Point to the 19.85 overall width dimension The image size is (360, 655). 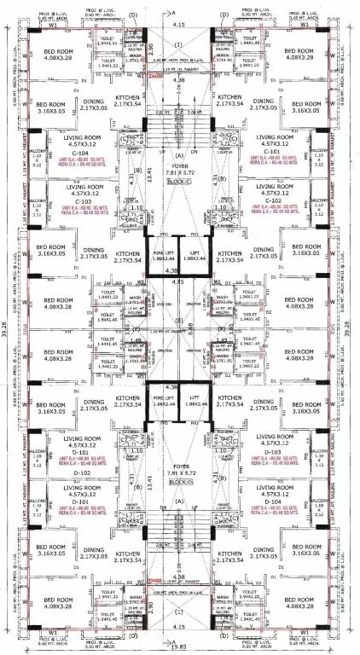179,648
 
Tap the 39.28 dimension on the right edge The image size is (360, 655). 353,327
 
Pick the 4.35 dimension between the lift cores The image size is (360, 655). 179,281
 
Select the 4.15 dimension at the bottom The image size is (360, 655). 179,636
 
